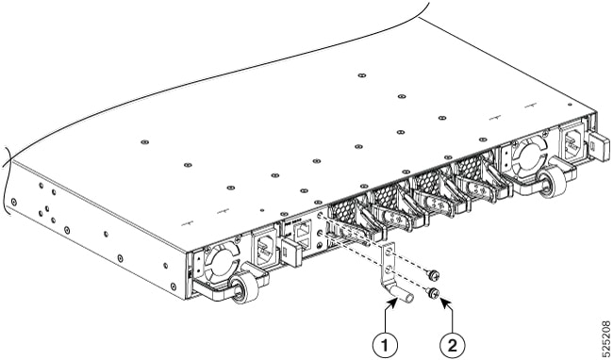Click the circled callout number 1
tap(385, 345)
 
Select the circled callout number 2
tap(453, 345)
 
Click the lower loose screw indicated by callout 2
tap(433, 292)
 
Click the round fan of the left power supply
tap(222, 260)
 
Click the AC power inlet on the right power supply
tap(572, 143)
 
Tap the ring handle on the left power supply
tap(245, 289)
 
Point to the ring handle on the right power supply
tap(553, 183)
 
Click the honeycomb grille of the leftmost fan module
tap(343, 214)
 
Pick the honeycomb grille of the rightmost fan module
tap(470, 169)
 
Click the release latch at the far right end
tap(599, 143)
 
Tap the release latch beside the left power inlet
tap(291, 252)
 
